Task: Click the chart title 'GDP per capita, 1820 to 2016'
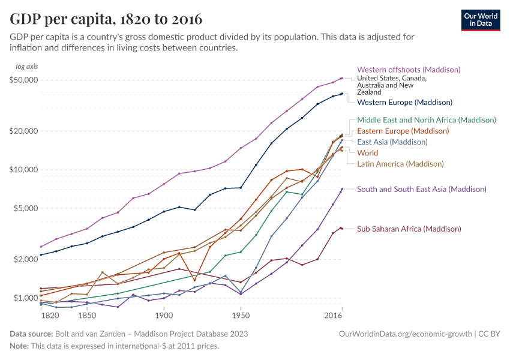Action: [106, 19]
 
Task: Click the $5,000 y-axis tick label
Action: [26, 208]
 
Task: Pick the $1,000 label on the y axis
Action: [26, 298]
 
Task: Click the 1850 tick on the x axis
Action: [87, 315]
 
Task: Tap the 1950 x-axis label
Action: [241, 315]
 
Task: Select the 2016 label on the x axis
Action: [333, 315]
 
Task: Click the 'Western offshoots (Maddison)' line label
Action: [409, 70]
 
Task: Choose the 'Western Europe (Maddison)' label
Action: [404, 103]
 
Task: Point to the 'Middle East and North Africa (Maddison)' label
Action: [427, 120]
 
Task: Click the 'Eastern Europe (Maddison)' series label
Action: [403, 131]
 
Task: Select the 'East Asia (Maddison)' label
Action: [392, 142]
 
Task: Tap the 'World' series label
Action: [367, 153]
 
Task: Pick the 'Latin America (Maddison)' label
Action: [400, 164]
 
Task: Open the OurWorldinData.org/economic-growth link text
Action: [406, 334]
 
